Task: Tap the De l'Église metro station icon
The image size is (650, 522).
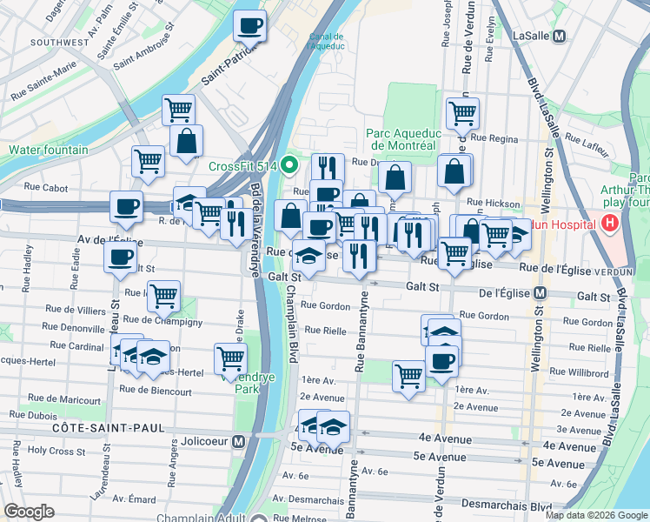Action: point(540,296)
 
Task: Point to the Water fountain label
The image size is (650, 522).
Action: point(49,150)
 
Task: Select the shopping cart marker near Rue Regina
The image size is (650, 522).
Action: point(462,112)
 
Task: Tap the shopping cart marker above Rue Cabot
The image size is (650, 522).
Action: point(149,160)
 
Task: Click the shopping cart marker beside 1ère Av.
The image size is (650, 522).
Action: point(408,376)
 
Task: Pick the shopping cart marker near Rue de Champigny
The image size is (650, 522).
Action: point(162,296)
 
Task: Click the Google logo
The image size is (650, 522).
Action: point(30,512)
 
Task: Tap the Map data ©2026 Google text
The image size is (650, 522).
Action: point(596,515)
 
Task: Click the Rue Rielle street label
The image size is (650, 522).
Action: point(326,330)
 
